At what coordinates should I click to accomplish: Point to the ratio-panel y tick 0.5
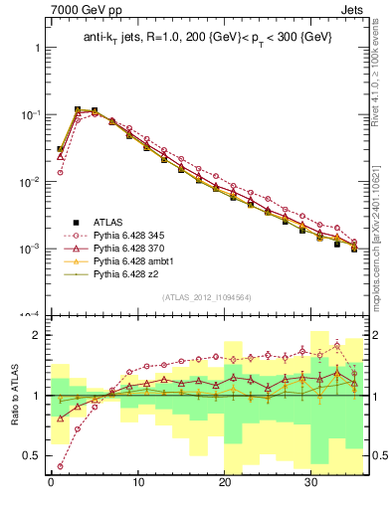click(33, 455)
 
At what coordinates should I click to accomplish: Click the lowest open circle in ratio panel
click(61, 465)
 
